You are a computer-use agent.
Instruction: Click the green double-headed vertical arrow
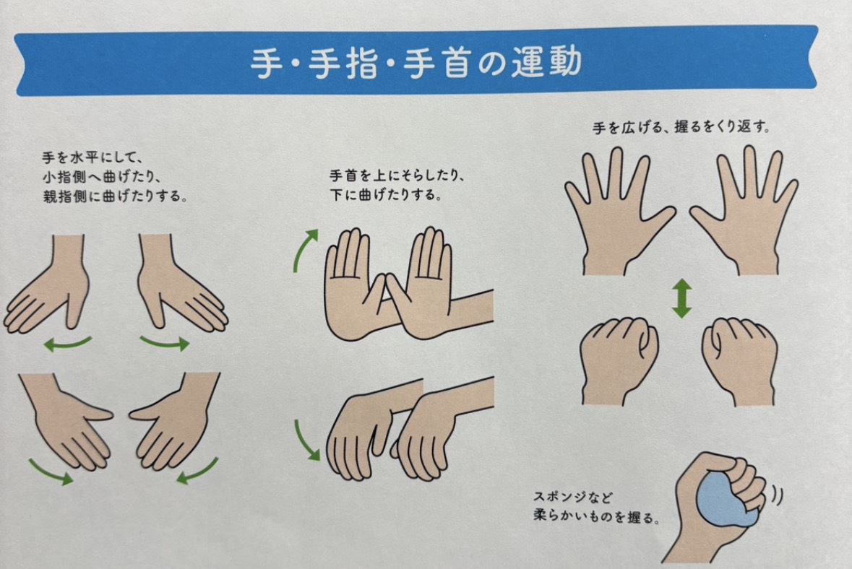tap(681, 299)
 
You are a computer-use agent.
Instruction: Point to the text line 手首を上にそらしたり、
tap(397, 176)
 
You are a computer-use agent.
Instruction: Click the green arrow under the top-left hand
tap(67, 344)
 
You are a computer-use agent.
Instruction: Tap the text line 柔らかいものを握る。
tap(597, 516)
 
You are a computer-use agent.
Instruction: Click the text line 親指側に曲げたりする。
tap(115, 196)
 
